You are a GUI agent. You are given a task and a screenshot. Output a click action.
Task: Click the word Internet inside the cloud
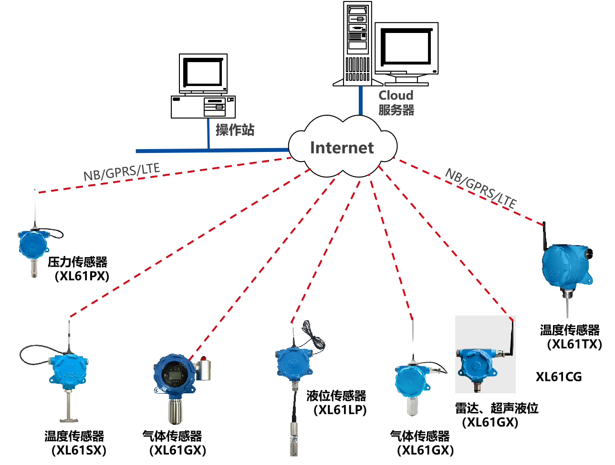[x=342, y=148]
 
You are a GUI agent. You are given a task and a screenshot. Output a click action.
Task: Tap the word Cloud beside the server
[x=396, y=96]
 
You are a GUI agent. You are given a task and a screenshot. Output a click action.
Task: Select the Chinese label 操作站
[x=235, y=130]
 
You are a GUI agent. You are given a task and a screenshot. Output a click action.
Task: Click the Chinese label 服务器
[x=396, y=110]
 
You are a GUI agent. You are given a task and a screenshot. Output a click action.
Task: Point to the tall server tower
[x=358, y=43]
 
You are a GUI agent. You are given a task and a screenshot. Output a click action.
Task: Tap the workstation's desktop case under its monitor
[x=203, y=107]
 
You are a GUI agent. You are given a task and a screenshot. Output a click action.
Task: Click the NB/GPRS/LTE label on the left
[x=121, y=172]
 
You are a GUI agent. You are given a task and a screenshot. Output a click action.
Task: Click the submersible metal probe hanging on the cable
[x=294, y=437]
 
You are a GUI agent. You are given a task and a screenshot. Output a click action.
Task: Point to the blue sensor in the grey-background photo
[x=476, y=366]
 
